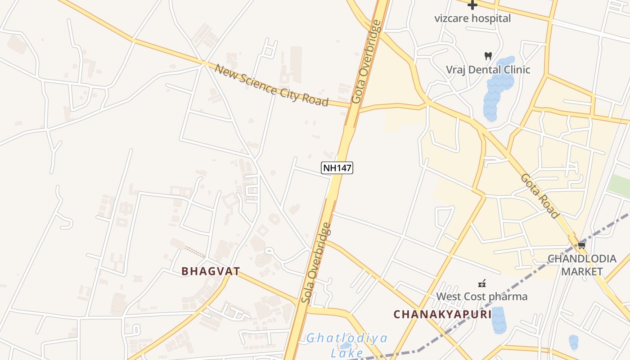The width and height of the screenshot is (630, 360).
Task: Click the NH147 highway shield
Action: click(x=337, y=168)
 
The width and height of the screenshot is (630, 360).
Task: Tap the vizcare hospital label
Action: click(x=472, y=18)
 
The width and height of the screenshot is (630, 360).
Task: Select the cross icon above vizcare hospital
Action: click(x=472, y=5)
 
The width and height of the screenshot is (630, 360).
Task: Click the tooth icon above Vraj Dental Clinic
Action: click(x=488, y=56)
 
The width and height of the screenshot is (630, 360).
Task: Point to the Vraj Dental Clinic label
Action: click(x=488, y=70)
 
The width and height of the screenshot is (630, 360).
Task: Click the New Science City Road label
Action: click(x=271, y=85)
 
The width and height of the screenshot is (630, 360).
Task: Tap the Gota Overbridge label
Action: click(x=366, y=62)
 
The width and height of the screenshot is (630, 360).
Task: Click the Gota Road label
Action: click(x=540, y=196)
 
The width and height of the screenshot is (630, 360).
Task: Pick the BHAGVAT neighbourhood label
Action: click(x=211, y=271)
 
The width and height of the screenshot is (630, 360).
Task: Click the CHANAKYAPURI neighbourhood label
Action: click(x=443, y=314)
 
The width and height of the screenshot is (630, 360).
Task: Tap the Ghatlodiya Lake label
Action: click(x=346, y=345)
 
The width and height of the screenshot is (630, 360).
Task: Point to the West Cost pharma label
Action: click(x=481, y=297)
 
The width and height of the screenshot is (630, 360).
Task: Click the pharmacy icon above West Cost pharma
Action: click(x=482, y=283)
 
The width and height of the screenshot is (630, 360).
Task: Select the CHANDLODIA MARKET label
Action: click(x=581, y=265)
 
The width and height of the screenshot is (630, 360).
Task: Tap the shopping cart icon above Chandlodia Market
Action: click(x=581, y=245)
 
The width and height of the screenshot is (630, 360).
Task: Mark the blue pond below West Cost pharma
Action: click(x=499, y=320)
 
